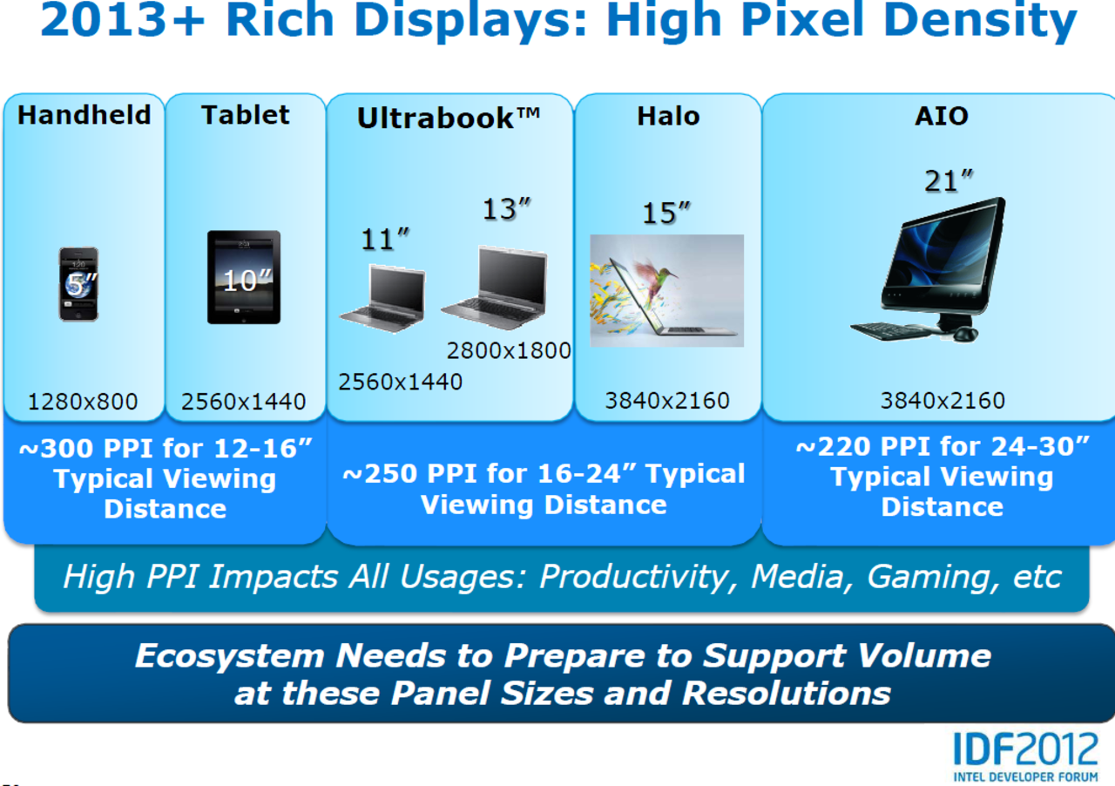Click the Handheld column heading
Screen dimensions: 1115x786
[84, 115]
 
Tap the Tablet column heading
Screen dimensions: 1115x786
[246, 115]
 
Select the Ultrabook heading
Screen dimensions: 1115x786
[449, 118]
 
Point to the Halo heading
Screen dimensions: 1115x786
[668, 116]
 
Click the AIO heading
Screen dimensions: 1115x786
[942, 116]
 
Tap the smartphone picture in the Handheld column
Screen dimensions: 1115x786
[78, 284]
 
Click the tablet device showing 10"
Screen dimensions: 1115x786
[244, 277]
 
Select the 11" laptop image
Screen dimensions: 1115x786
[382, 298]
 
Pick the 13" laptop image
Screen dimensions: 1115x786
[495, 287]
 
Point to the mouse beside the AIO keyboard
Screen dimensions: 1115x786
[965, 334]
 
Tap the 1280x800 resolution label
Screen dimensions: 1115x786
[83, 402]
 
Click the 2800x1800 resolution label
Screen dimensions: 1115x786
[509, 350]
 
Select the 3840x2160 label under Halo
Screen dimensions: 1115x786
[667, 401]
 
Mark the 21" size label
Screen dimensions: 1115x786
[949, 180]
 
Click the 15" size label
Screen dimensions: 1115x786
[666, 213]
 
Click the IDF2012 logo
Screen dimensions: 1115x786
[1025, 757]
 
